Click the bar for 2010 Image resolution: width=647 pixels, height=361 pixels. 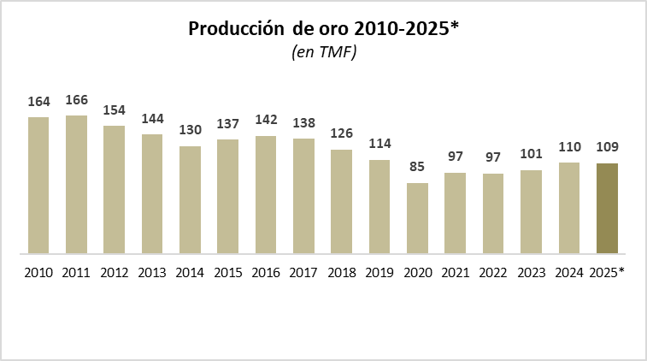(38, 185)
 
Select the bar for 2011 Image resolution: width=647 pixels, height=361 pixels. (76, 184)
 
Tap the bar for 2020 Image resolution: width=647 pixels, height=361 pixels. (417, 218)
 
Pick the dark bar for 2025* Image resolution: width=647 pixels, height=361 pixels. (607, 208)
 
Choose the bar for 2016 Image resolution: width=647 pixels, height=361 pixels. (266, 194)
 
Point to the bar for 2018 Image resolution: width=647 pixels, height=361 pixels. (342, 201)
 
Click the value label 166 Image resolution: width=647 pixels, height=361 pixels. (76, 100)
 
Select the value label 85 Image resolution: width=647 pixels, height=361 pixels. (417, 168)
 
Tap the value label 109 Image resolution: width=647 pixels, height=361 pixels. (607, 146)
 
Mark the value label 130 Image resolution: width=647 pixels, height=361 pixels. (190, 130)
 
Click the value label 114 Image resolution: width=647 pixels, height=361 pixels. (379, 144)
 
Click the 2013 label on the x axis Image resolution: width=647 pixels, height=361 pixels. (152, 273)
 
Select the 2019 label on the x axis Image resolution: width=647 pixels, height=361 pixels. (379, 273)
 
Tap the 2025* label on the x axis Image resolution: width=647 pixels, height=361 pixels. (608, 273)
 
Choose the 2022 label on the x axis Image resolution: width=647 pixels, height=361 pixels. (493, 273)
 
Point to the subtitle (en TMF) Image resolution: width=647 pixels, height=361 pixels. (324, 53)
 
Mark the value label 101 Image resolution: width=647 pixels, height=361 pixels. (531, 155)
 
